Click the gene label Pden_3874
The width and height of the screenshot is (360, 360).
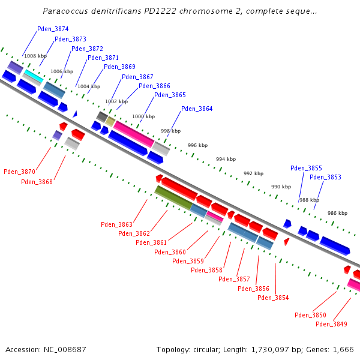[53, 29]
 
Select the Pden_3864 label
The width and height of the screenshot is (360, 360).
[197, 109]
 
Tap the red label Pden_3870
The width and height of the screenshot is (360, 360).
[19, 172]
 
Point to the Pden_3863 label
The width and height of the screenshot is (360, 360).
[116, 224]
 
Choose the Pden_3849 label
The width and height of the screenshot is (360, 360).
[331, 324]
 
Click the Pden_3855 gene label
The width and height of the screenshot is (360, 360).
[306, 169]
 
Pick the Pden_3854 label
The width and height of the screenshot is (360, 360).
[273, 298]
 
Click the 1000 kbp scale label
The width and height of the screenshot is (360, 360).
[143, 116]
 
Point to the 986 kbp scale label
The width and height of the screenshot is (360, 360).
[337, 213]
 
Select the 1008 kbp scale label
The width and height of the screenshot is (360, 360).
[35, 56]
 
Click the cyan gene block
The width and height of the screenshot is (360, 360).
[33, 76]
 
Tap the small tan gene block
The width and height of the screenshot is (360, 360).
[110, 121]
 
